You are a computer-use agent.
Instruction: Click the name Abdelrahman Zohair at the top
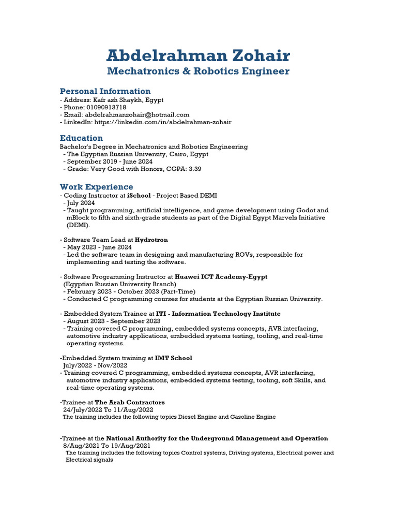point(198,55)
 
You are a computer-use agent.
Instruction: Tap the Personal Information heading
point(105,92)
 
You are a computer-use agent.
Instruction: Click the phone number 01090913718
point(105,107)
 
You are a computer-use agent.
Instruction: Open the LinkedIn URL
point(162,122)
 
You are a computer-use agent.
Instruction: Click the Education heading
point(81,138)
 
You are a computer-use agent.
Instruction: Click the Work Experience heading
point(96,187)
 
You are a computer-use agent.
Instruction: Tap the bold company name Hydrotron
point(151,240)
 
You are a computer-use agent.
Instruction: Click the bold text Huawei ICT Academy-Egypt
point(221,277)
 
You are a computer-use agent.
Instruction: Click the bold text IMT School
point(173,358)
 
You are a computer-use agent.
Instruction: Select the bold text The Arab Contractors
point(130,402)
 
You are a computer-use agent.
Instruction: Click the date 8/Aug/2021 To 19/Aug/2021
point(107,446)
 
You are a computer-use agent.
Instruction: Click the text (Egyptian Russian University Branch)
point(119,284)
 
